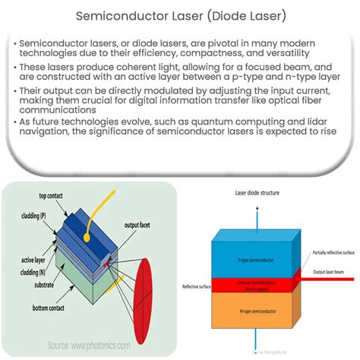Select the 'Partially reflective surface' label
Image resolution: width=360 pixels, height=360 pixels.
point(333,273)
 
